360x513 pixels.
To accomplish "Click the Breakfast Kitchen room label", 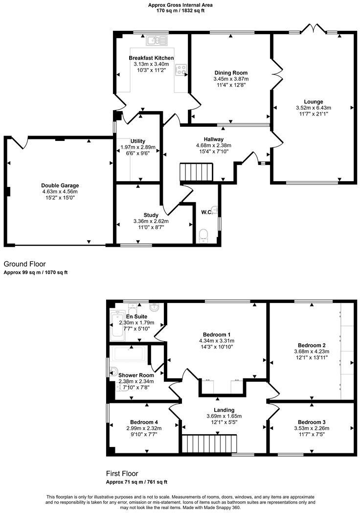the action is coord(151,58).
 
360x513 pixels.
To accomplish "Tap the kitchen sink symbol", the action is coord(157,40).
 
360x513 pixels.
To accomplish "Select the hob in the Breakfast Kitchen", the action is coord(181,69).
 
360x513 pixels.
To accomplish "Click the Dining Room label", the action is coord(231,72).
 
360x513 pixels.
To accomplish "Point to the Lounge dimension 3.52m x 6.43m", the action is coord(313,108).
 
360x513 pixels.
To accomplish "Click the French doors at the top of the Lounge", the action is coord(313,28).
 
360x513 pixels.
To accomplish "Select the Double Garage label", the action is coord(60,186).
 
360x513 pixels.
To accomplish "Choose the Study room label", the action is coord(151,215).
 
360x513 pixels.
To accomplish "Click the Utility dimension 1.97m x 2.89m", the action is coord(138,147).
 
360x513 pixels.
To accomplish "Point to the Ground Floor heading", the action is coord(24,264).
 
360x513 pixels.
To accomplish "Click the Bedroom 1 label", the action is coord(217,335).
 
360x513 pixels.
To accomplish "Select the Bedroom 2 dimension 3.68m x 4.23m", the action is coord(312,351).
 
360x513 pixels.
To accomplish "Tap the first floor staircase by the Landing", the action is coord(209,444).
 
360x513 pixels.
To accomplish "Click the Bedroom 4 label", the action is coord(144,422).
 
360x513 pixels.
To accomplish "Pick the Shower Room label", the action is coord(136,375).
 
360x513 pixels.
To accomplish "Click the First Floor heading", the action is coord(122,473).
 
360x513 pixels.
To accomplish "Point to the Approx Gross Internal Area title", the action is coord(180,5).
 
